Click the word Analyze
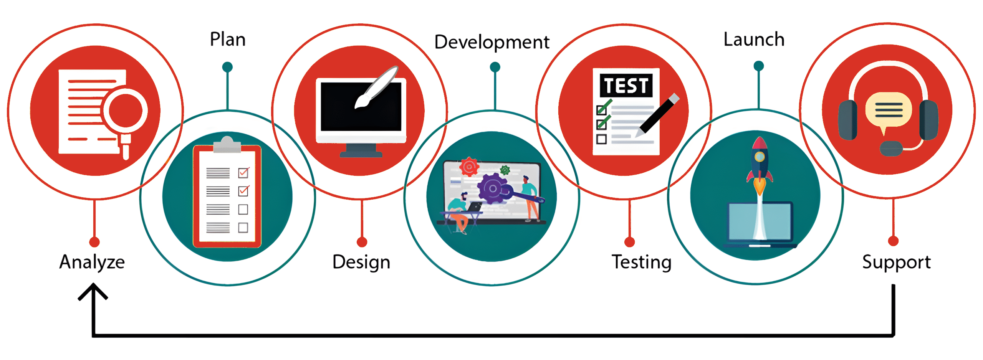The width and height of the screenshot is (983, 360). [92, 263]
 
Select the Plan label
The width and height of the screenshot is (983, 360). [228, 40]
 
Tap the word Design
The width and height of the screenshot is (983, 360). [361, 263]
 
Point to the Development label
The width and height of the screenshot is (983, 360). [492, 42]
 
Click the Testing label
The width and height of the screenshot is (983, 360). [642, 263]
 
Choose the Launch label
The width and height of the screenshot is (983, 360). [754, 39]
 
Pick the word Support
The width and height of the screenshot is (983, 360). [897, 263]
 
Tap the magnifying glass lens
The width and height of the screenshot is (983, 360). [125, 111]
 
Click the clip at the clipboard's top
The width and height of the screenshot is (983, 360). [227, 145]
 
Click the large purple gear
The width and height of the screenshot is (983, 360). [493, 188]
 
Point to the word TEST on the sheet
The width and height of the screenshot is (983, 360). [626, 85]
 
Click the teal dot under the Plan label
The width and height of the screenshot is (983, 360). [227, 67]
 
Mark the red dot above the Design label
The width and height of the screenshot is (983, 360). [362, 242]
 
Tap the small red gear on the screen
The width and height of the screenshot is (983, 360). [469, 167]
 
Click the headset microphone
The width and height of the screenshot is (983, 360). [891, 149]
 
